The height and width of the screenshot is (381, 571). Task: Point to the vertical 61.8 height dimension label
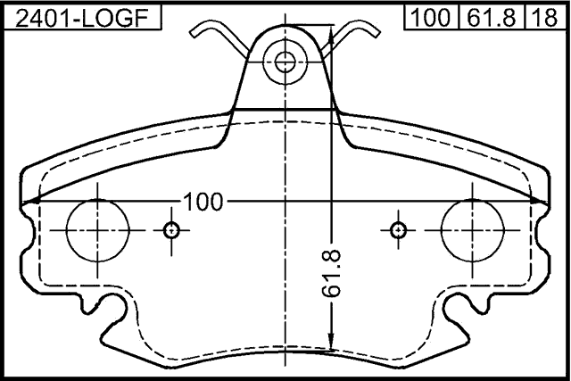click(332, 273)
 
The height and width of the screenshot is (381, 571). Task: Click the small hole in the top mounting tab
click(285, 62)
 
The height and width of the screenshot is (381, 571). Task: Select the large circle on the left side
click(96, 229)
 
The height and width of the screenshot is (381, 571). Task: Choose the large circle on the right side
click(472, 229)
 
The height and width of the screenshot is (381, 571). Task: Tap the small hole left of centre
click(172, 230)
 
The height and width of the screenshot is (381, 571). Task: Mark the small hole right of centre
click(398, 230)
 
